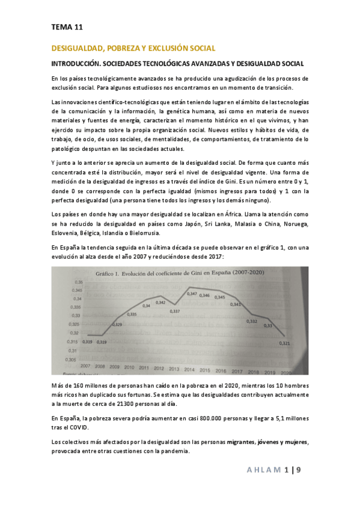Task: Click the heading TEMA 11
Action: (67, 27)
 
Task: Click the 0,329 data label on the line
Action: (117, 325)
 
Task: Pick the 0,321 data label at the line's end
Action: (284, 343)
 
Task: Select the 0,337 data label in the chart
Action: (175, 311)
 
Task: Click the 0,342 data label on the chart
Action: (160, 302)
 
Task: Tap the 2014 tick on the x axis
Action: (189, 369)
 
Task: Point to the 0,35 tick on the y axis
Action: (79, 282)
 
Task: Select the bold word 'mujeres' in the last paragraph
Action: (293, 442)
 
